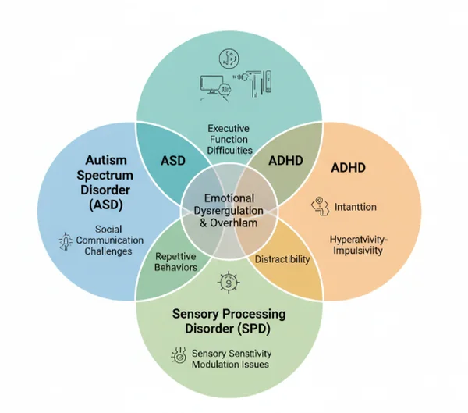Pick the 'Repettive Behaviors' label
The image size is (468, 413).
[x=175, y=262]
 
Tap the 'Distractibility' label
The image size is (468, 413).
[x=282, y=258]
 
